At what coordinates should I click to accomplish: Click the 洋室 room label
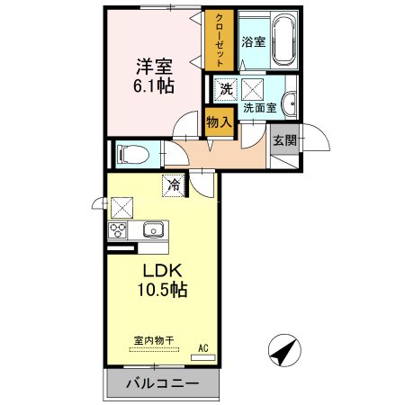pyautogui.click(x=155, y=66)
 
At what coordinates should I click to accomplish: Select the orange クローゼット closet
pyautogui.click(x=218, y=40)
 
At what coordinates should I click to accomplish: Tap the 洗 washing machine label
pyautogui.click(x=226, y=88)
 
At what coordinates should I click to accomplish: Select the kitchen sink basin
pyautogui.click(x=152, y=230)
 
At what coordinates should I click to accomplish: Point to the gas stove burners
pyautogui.click(x=119, y=230)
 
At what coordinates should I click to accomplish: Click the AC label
pyautogui.click(x=202, y=347)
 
